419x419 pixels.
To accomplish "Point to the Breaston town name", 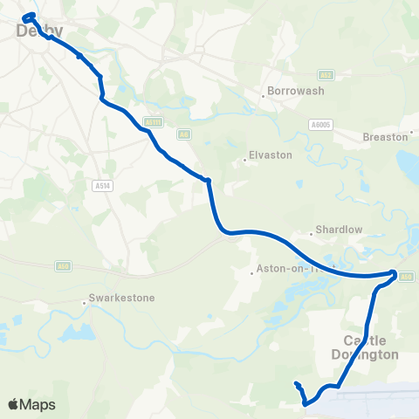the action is (386, 137).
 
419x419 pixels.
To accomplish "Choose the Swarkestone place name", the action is (123, 298).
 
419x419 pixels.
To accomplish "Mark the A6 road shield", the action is (183, 134).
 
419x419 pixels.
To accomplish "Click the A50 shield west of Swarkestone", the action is (62, 265).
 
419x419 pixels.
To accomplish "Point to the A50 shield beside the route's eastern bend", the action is (406, 277).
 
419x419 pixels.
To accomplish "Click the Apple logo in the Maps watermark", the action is (14, 404).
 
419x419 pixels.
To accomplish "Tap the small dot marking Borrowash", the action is (263, 95).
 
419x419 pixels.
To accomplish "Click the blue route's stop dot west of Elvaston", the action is (208, 181).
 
